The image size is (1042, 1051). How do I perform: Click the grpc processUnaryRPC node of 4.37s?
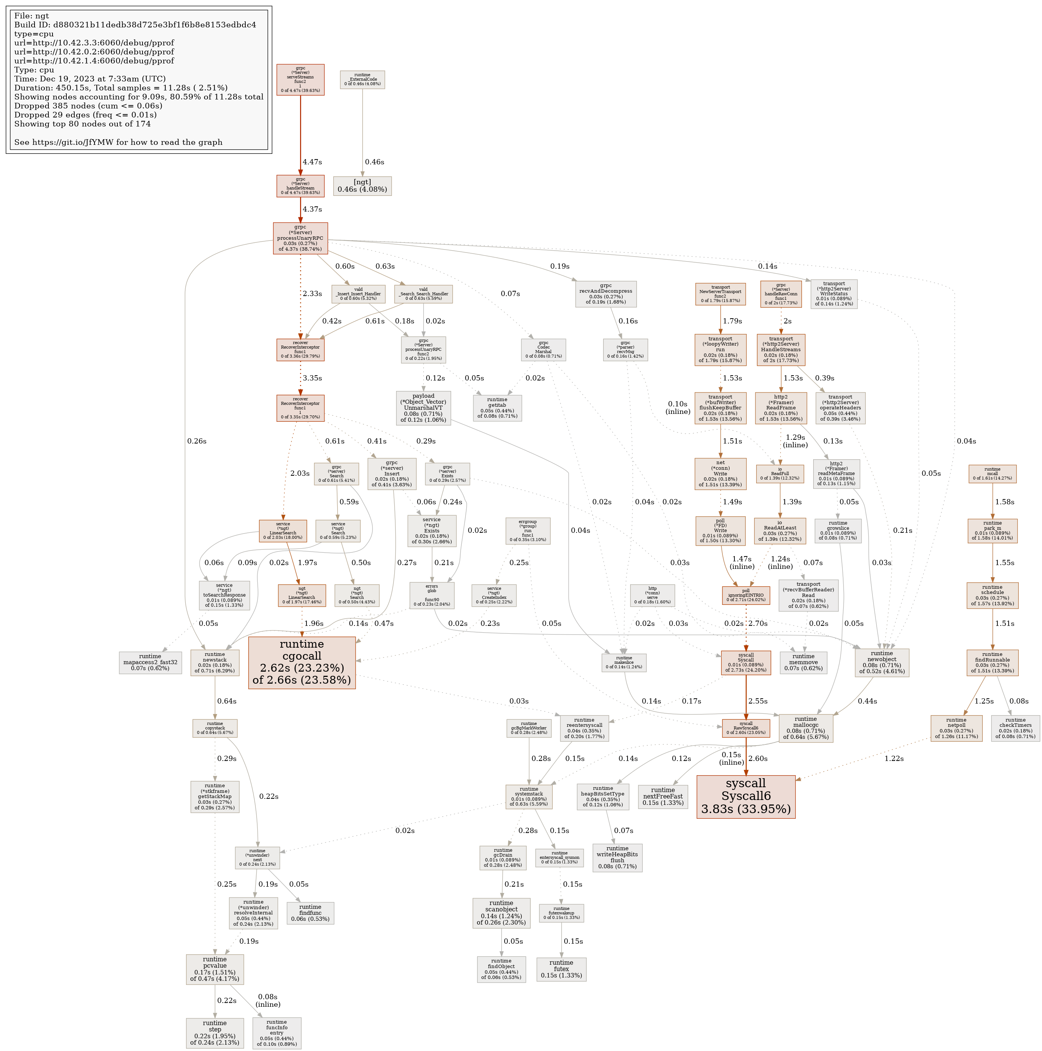pos(300,238)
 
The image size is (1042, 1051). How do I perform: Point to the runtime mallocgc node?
pos(805,728)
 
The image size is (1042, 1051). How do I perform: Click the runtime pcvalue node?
pos(215,969)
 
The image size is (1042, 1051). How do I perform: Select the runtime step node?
pos(215,1033)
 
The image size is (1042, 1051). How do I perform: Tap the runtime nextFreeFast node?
pos(662,796)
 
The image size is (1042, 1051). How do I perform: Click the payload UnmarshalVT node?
pos(423,407)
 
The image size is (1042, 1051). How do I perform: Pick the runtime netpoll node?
pos(956,728)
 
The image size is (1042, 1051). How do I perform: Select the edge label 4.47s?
pos(312,162)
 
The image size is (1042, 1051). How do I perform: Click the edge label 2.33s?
pos(312,294)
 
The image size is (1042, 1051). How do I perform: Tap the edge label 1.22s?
pos(893,758)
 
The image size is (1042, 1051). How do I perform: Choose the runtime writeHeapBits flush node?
pos(617,857)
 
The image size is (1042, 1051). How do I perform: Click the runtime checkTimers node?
pos(1015,728)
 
